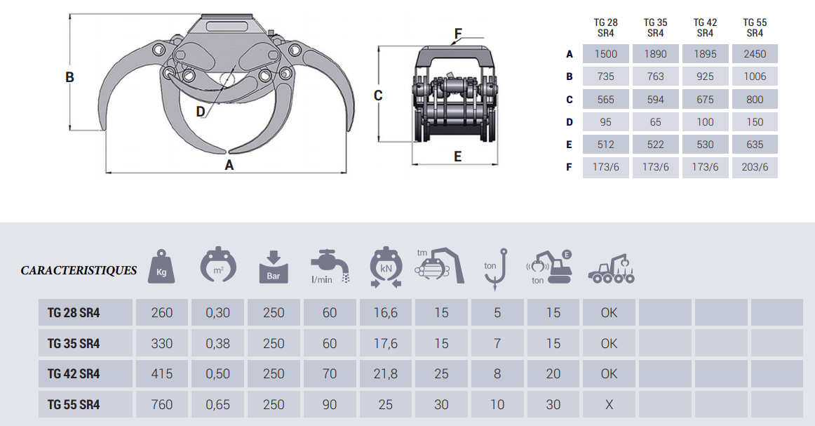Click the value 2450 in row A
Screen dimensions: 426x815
pyautogui.click(x=755, y=54)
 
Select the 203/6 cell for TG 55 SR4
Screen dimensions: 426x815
pyautogui.click(x=755, y=167)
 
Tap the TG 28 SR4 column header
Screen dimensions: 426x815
pyautogui.click(x=606, y=27)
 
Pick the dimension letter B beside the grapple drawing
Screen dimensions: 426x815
pyautogui.click(x=69, y=77)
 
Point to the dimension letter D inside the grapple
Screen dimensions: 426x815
pyautogui.click(x=201, y=111)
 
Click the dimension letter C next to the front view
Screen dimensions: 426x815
pyautogui.click(x=378, y=95)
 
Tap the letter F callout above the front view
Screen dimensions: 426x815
pyautogui.click(x=458, y=33)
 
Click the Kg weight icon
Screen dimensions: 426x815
pyautogui.click(x=161, y=267)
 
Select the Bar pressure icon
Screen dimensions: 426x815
pyautogui.click(x=273, y=267)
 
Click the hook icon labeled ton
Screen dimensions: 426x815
pyautogui.click(x=497, y=268)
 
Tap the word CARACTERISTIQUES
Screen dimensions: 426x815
pyautogui.click(x=79, y=270)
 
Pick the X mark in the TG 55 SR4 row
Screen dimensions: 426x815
pyautogui.click(x=609, y=404)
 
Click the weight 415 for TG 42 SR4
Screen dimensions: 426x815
pyautogui.click(x=161, y=374)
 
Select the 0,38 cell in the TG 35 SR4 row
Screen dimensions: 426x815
pyautogui.click(x=217, y=343)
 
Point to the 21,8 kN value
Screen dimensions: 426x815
pyautogui.click(x=385, y=374)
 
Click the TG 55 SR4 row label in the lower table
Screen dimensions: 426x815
pyautogui.click(x=74, y=404)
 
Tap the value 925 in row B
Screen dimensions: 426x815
pyautogui.click(x=705, y=76)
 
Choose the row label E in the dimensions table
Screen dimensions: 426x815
pyautogui.click(x=570, y=145)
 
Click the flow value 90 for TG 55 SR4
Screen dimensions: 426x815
pyautogui.click(x=330, y=404)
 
